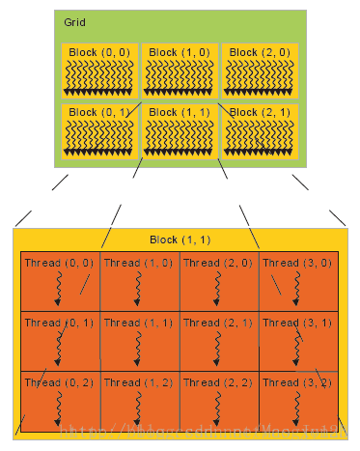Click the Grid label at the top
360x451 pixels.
(x=73, y=21)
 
